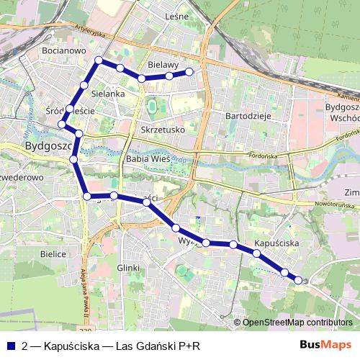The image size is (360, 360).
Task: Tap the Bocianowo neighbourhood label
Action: (x=64, y=52)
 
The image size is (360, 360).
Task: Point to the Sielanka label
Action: (x=109, y=94)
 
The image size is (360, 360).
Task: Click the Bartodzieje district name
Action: (x=248, y=115)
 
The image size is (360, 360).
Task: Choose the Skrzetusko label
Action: (x=163, y=130)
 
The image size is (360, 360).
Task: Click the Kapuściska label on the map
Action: (x=276, y=244)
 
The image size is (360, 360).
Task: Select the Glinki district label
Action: (x=127, y=267)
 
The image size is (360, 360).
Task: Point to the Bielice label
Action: (x=53, y=254)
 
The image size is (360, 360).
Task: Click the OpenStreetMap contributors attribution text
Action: (x=297, y=323)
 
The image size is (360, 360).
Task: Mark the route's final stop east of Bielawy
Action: (x=190, y=71)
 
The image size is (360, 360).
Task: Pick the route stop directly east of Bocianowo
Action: (x=99, y=60)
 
